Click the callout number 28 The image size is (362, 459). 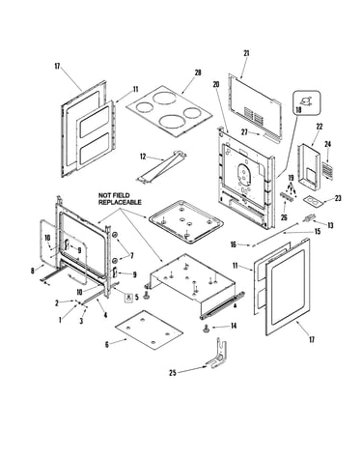pos(198,72)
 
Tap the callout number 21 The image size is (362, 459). pos(246,53)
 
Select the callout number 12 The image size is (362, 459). pos(143,157)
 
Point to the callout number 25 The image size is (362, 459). pos(173,373)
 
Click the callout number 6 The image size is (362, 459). pos(107,344)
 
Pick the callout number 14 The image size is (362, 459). pos(234,326)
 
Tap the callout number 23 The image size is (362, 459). pos(338,198)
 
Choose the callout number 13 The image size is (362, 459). pos(330,225)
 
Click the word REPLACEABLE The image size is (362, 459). pos(120,202)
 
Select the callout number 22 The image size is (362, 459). pos(319,127)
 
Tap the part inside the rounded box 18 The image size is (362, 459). pos(306,100)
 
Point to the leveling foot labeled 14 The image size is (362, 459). pos(205,329)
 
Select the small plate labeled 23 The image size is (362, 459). pos(313,202)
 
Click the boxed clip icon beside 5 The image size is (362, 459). pos(128,297)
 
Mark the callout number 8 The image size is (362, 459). pos(33,271)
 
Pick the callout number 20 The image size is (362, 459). pos(216,84)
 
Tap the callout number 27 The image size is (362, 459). pos(245,132)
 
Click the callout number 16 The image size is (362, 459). pos(234,244)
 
